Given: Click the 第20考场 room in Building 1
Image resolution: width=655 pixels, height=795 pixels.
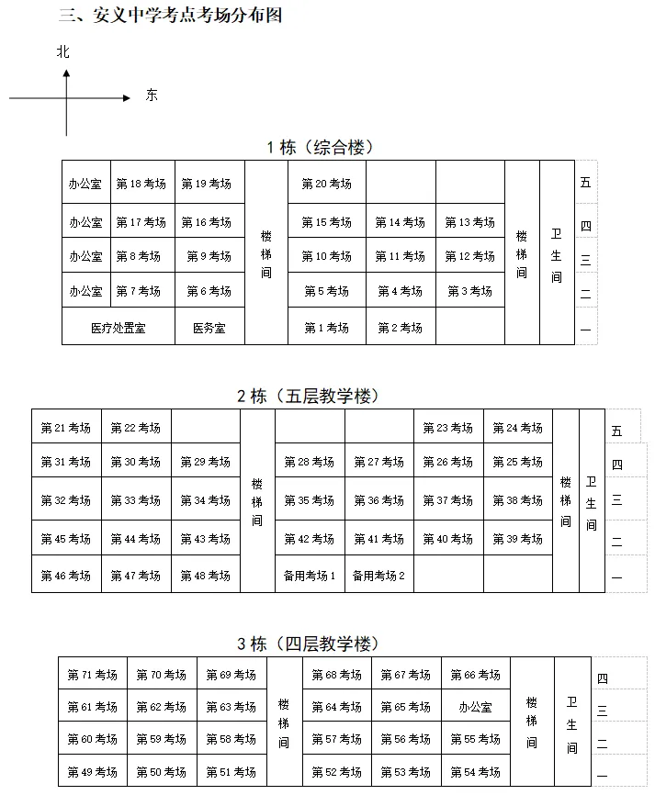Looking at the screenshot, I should pyautogui.click(x=326, y=184).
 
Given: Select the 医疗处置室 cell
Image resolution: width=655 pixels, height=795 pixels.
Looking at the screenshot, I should pyautogui.click(x=119, y=328).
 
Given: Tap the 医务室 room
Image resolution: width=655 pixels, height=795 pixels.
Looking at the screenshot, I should pyautogui.click(x=209, y=328).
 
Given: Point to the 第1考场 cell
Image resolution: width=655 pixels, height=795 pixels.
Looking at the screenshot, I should pyautogui.click(x=326, y=328).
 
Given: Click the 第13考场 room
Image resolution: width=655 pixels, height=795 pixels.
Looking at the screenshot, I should pyautogui.click(x=469, y=222).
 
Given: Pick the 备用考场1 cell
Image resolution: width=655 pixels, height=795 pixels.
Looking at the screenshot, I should pyautogui.click(x=310, y=576).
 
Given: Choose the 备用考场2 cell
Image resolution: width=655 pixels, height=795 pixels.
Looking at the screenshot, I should pyautogui.click(x=378, y=576).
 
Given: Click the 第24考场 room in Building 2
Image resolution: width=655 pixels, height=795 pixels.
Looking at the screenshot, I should pyautogui.click(x=517, y=428).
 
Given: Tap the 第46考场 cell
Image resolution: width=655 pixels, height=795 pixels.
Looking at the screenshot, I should pyautogui.click(x=66, y=576).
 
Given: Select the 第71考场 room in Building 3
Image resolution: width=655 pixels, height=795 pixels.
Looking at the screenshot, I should pyautogui.click(x=92, y=675).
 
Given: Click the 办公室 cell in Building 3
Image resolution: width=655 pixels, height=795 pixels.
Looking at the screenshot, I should pyautogui.click(x=475, y=707).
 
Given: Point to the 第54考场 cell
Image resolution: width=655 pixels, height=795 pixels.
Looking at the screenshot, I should pyautogui.click(x=475, y=772).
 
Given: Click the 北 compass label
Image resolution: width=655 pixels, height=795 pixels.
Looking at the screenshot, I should pyautogui.click(x=62, y=52).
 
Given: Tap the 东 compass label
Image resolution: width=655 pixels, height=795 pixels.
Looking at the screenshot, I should pyautogui.click(x=152, y=95).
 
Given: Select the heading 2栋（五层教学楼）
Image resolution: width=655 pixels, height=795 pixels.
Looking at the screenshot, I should pyautogui.click(x=308, y=397).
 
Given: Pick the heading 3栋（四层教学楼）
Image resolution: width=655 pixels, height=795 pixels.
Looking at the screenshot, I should pyautogui.click(x=308, y=644).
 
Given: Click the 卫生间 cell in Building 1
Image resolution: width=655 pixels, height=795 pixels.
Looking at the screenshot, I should pyautogui.click(x=556, y=254).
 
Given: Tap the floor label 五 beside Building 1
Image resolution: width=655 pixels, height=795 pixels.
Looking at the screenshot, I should pyautogui.click(x=586, y=182).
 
